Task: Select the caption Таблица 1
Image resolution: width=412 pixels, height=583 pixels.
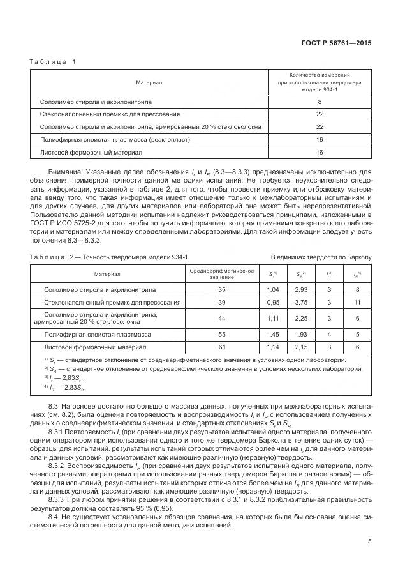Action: pyautogui.click(x=52, y=61)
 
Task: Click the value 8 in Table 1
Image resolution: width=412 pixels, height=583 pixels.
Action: pyautogui.click(x=319, y=102)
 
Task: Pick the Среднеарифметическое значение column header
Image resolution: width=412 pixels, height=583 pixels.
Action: pyautogui.click(x=223, y=273)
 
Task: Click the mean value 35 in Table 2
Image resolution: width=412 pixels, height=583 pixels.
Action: pyautogui.click(x=223, y=289)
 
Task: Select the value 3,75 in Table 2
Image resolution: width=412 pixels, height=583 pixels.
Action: pyautogui.click(x=302, y=302)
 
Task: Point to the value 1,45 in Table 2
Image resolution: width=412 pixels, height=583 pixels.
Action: pyautogui.click(x=273, y=334)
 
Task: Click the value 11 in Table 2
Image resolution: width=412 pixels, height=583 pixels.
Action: pyautogui.click(x=358, y=302)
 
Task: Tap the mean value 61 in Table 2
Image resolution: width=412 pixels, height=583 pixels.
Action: pyautogui.click(x=223, y=347)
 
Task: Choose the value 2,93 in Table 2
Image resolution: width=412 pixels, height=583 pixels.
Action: pyautogui.click(x=302, y=289)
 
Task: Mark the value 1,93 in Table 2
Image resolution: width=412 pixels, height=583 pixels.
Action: pyautogui.click(x=302, y=334)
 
